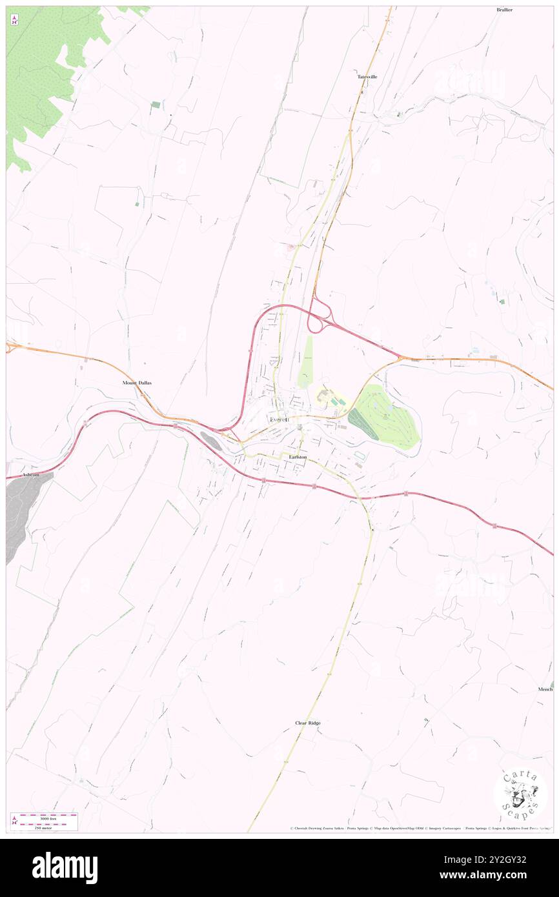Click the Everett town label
(279, 420)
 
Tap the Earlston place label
(298, 457)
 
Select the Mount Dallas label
(137, 383)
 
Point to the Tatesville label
(367, 77)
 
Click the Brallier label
(504, 10)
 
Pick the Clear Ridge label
(308, 723)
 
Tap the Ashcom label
(31, 474)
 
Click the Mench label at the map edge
(545, 689)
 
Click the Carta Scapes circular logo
(520, 794)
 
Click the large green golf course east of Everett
(385, 418)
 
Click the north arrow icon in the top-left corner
(14, 21)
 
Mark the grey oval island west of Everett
(211, 441)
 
